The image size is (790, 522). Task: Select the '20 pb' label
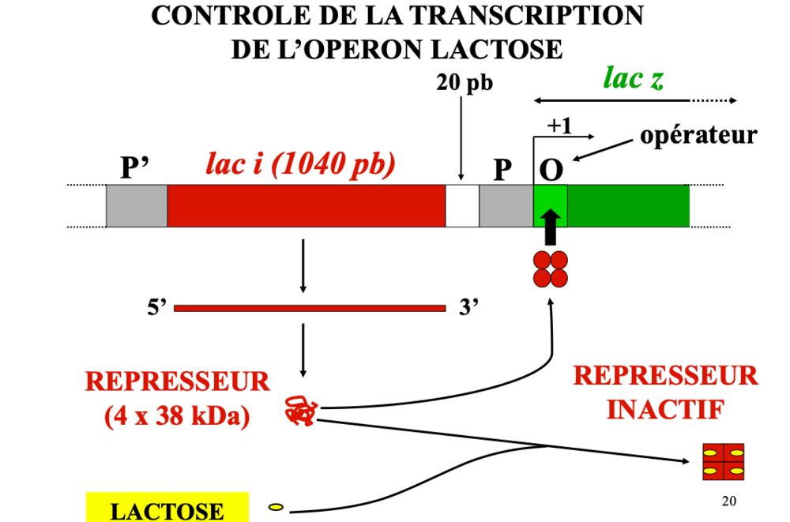465,83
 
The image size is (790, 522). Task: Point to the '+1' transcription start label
559,126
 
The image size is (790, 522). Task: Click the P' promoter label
135,167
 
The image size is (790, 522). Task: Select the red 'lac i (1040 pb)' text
300,163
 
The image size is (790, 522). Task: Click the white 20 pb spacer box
462,206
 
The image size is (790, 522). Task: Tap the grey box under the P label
506,206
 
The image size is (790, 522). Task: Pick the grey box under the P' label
137,206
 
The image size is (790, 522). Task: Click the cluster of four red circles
551,269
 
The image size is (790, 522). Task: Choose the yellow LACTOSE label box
167,508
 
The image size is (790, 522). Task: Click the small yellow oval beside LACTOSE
276,506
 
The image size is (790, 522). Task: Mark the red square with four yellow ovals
724,462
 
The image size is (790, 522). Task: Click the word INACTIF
664,410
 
